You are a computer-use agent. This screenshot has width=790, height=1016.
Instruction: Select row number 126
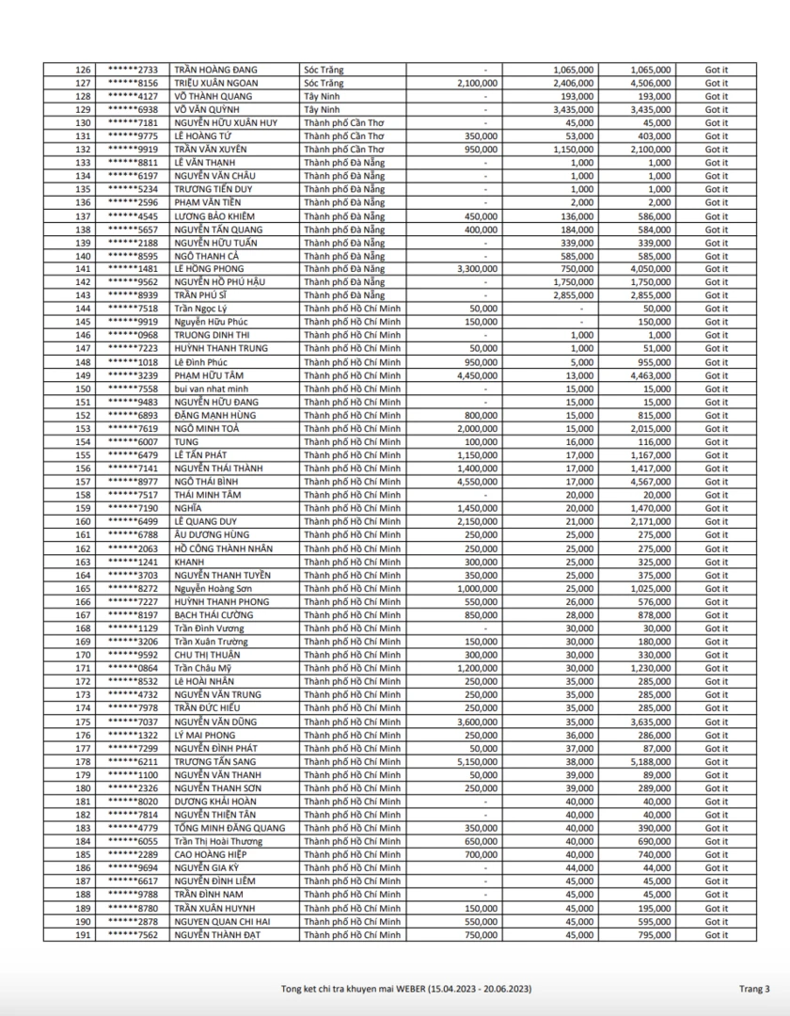(83, 70)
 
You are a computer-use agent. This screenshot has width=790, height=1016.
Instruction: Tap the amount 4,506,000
(650, 83)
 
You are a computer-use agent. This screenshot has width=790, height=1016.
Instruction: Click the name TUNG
(185, 441)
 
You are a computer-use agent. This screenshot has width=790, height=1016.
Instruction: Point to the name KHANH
(189, 562)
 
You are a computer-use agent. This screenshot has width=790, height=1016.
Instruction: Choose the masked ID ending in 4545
(133, 215)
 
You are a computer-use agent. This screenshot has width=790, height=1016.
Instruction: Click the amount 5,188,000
(650, 761)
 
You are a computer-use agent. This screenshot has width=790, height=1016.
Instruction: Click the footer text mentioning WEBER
(407, 988)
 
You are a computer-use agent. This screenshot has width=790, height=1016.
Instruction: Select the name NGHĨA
(188, 508)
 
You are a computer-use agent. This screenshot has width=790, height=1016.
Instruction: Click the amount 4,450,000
(476, 375)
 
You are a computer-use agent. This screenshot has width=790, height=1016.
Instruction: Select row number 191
(83, 934)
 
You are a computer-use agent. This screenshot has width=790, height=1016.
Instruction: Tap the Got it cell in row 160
(717, 521)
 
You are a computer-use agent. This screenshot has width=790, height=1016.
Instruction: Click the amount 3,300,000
(476, 268)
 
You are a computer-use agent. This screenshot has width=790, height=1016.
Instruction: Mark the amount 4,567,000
(650, 482)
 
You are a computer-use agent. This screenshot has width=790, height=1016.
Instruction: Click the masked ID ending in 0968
(133, 335)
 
